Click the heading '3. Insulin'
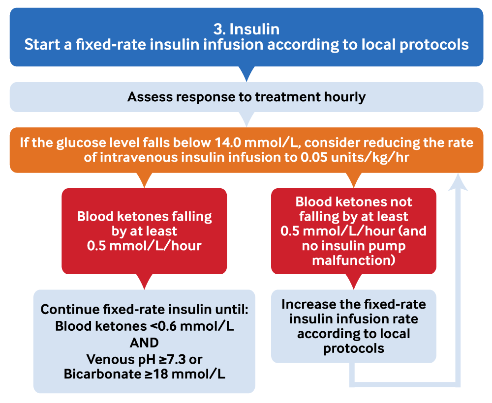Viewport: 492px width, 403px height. [246, 29]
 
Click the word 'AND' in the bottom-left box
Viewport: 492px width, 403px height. [144, 343]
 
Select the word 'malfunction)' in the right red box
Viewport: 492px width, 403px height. [353, 260]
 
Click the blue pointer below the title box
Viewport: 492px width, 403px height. [246, 74]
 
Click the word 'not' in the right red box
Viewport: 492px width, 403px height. [400, 201]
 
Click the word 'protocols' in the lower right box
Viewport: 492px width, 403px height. [353, 348]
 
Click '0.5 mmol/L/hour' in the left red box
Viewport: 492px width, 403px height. [144, 245]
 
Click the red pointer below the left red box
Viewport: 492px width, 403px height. [144, 281]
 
